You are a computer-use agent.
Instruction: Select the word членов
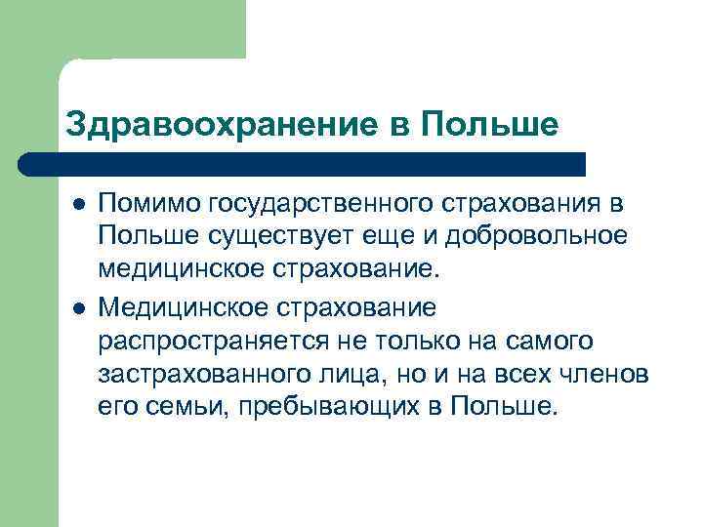click(x=608, y=375)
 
